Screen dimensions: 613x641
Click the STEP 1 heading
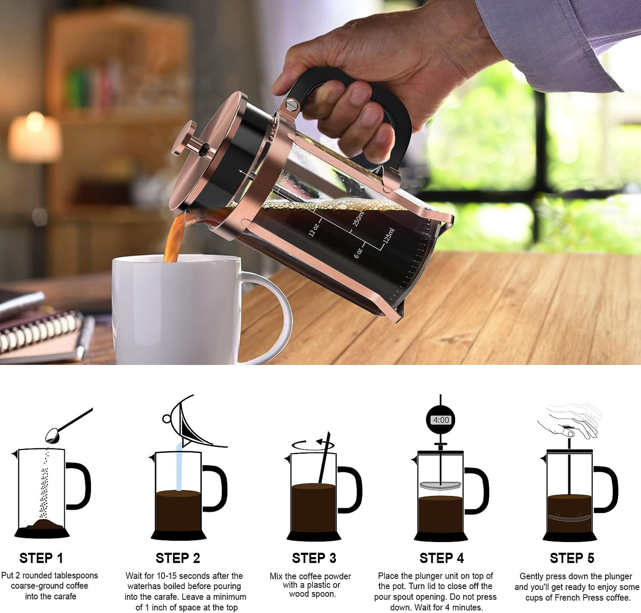tap(41, 558)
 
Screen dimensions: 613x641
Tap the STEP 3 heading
tap(314, 558)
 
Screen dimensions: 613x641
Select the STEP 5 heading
tap(571, 558)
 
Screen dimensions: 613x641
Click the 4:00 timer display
tap(441, 420)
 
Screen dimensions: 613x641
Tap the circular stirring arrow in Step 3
tap(312, 444)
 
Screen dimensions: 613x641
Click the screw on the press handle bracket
tap(291, 105)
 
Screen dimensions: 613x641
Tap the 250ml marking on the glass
tap(358, 218)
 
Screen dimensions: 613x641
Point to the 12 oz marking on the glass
tap(313, 229)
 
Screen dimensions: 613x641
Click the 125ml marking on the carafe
tap(389, 236)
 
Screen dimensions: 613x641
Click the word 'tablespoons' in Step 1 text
tap(75, 575)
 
